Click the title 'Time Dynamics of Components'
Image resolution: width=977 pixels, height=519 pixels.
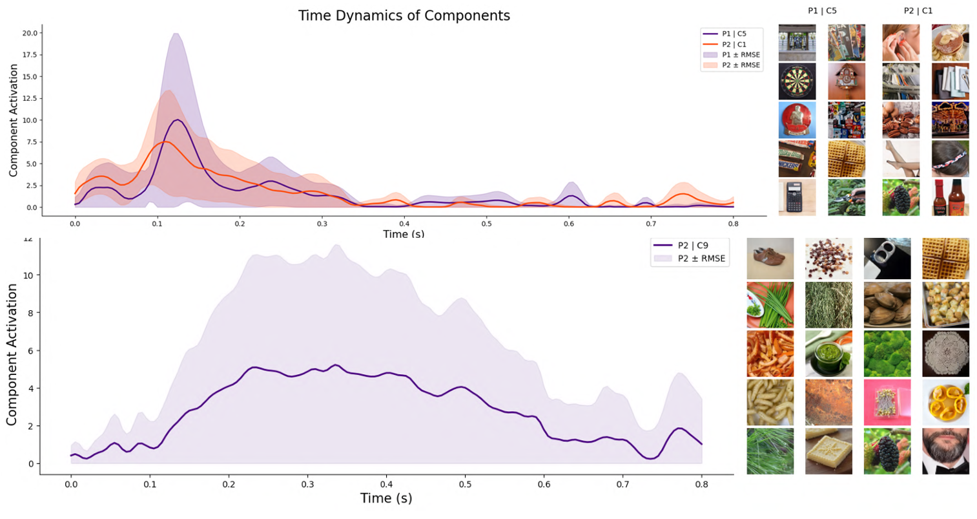tap(404, 16)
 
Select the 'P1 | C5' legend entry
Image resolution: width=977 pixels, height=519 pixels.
tap(734, 34)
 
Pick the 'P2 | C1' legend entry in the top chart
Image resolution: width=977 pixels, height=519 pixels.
tap(734, 45)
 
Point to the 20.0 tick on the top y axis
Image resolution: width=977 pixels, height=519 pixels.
tap(32, 33)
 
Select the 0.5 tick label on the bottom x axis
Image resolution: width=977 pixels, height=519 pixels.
tap(465, 484)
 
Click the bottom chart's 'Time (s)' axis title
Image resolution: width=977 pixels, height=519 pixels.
tap(386, 498)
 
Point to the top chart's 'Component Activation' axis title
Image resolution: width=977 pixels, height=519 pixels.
tap(14, 120)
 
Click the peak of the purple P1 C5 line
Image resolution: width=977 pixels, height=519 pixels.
tap(178, 120)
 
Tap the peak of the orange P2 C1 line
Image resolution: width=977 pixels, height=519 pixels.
tap(166, 142)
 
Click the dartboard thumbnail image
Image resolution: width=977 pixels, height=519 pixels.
tap(797, 81)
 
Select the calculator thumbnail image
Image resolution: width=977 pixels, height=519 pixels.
tap(797, 197)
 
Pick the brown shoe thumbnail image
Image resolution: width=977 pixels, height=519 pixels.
tap(770, 259)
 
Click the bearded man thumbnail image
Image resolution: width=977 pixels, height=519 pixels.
tap(945, 450)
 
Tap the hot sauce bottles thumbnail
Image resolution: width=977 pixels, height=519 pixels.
tap(950, 197)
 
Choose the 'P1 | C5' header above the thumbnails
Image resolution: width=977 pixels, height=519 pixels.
tap(822, 11)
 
